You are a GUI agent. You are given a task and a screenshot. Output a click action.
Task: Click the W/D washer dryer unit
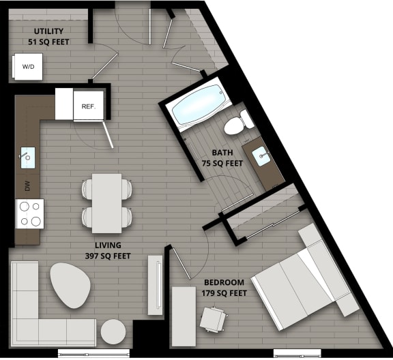click(x=28, y=67)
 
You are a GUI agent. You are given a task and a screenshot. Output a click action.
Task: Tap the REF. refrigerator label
click(x=88, y=106)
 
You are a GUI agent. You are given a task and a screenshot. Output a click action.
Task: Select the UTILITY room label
click(x=48, y=31)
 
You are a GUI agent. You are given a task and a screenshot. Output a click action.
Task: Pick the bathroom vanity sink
click(x=264, y=157)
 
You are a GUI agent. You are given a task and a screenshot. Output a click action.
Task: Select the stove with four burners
click(x=29, y=213)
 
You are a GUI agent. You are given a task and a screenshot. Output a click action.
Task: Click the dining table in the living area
click(x=106, y=202)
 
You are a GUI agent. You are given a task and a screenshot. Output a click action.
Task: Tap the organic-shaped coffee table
click(x=69, y=284)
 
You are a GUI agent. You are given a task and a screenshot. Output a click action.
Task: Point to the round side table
click(x=113, y=333)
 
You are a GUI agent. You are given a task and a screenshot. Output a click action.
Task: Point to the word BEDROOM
click(x=224, y=282)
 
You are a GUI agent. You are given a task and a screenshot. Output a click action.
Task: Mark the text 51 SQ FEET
click(x=48, y=42)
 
